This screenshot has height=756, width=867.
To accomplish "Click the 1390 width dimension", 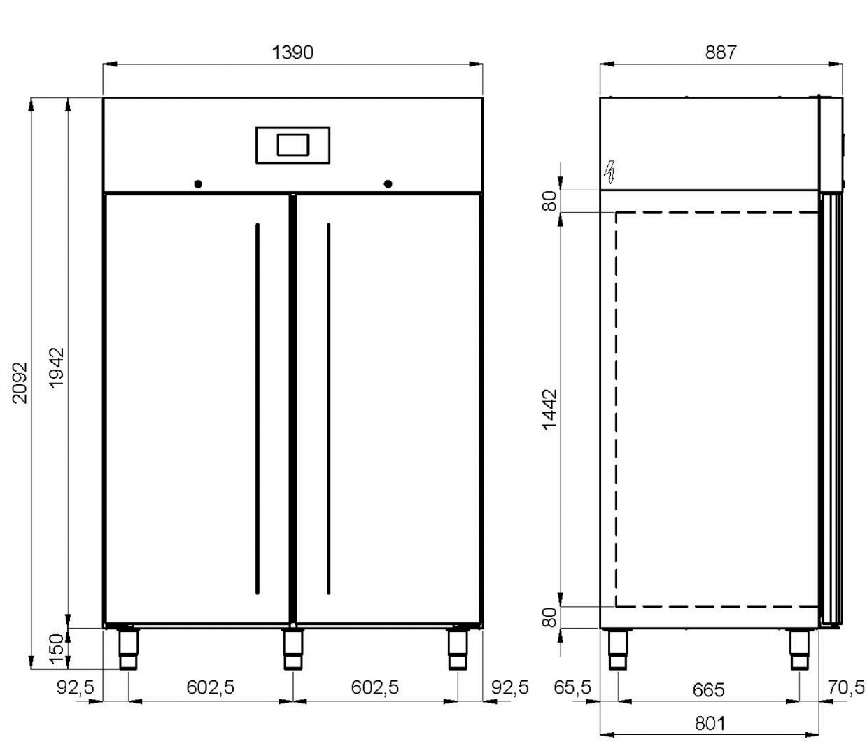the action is (x=292, y=52).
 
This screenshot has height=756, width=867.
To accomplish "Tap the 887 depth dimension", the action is (x=721, y=52).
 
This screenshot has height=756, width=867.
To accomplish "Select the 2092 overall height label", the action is (x=20, y=383).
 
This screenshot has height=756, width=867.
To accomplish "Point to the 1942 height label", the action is (x=57, y=367).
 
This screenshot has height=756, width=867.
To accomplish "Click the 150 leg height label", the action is (x=57, y=650).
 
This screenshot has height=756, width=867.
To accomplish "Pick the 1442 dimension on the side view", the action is (x=549, y=409).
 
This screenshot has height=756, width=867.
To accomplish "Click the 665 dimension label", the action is (x=709, y=690).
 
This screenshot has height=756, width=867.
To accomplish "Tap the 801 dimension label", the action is (x=710, y=723).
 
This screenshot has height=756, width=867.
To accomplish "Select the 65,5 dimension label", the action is (x=572, y=687).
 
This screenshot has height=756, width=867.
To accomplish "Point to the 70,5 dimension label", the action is (x=846, y=687).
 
